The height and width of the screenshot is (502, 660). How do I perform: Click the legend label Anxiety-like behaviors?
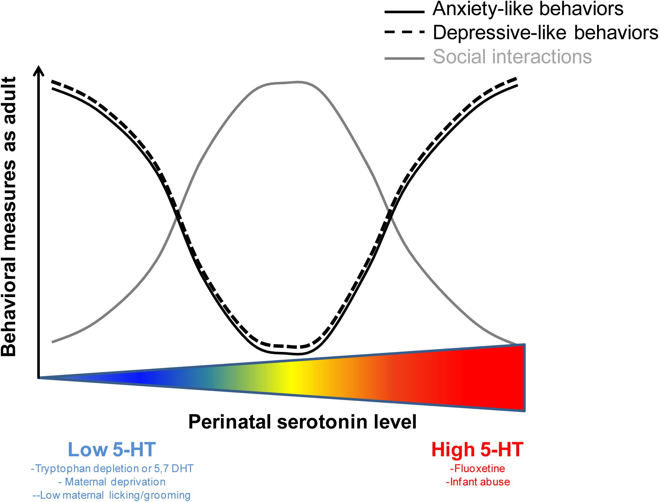point(528,9)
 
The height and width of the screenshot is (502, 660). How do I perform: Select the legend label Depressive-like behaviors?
point(545,33)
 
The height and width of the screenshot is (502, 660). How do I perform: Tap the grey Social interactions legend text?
point(512,57)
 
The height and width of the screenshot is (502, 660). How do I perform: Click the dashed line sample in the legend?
point(404,32)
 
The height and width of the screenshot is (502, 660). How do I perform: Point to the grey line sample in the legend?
point(404,58)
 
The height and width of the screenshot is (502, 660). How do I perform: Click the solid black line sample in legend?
point(404,12)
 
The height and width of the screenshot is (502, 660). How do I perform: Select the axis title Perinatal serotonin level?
point(302,422)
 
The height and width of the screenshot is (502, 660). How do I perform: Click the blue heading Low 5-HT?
point(112,450)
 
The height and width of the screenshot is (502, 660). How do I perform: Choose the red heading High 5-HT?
point(477,450)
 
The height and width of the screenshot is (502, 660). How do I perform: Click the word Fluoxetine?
point(477,468)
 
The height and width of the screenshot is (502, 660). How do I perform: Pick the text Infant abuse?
point(478,482)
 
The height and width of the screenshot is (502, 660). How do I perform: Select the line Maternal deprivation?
point(112,482)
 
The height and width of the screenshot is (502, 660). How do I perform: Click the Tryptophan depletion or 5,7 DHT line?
point(112,468)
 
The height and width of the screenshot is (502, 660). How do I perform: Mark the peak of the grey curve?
point(298,82)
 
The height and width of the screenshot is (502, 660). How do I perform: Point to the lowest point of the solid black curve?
point(298,354)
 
